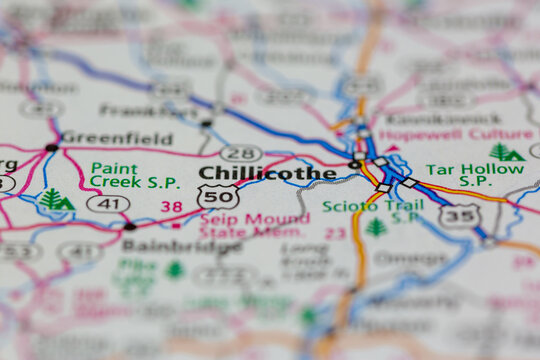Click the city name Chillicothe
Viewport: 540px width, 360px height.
click(267, 173)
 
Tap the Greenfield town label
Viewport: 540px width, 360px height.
click(116, 138)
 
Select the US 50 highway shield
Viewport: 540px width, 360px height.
click(217, 196)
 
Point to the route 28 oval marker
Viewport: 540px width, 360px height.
click(241, 153)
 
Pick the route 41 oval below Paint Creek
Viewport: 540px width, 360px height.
click(108, 203)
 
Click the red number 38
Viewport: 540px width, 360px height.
click(172, 207)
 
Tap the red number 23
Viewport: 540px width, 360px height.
click(336, 233)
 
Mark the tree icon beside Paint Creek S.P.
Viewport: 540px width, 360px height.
click(54, 199)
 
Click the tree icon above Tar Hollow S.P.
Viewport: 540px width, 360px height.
click(506, 152)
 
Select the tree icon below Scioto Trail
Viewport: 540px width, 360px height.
click(376, 228)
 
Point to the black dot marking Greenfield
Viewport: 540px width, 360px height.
click(51, 147)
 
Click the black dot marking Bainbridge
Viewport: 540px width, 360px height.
click(130, 227)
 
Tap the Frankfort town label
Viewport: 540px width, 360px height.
click(148, 110)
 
